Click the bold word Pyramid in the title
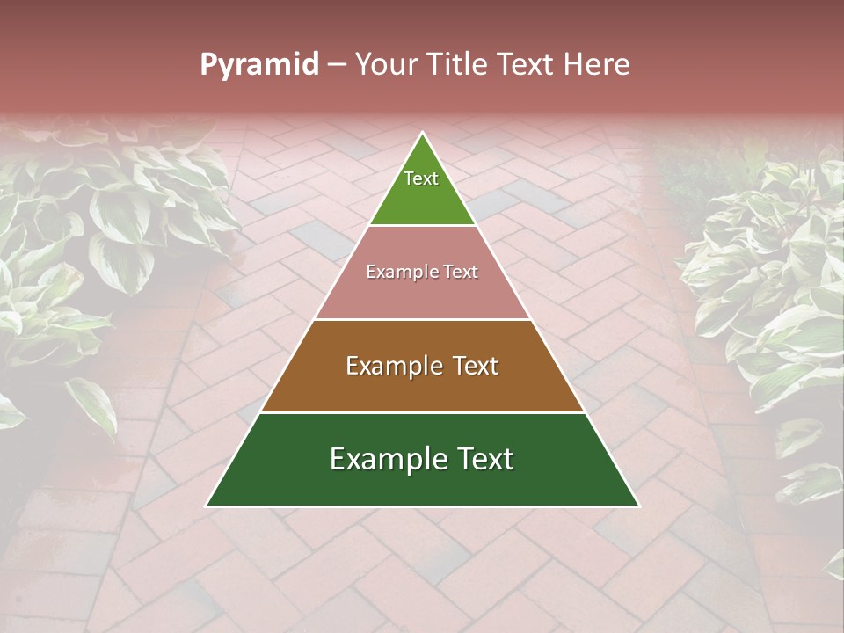click(x=259, y=65)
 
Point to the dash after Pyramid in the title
click(x=336, y=65)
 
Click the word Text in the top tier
click(x=421, y=178)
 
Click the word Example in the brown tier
click(x=392, y=366)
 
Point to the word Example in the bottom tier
click(x=384, y=459)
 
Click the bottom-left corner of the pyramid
click(x=207, y=506)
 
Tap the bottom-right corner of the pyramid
click(x=638, y=506)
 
